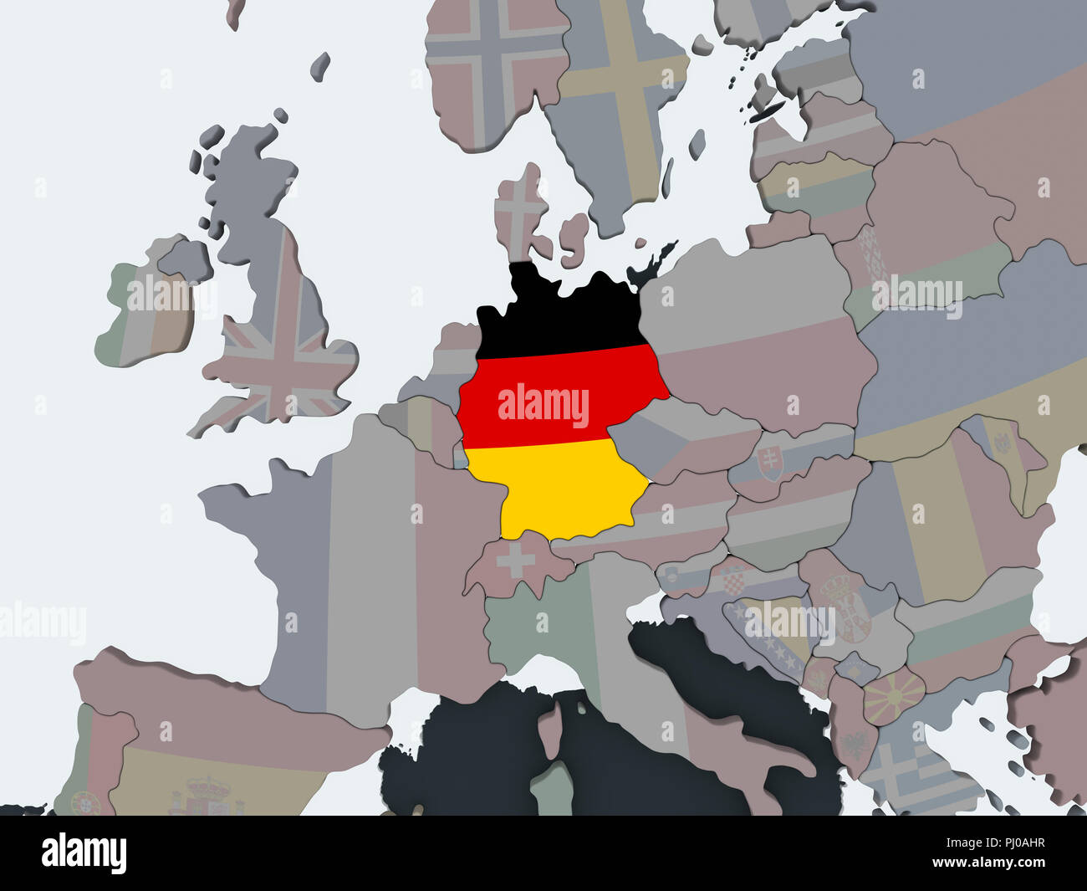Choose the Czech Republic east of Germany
click(669, 443)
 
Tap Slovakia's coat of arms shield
click(769, 463)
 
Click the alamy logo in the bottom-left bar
click(84, 853)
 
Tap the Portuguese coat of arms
click(84, 803)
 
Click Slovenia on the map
click(681, 577)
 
